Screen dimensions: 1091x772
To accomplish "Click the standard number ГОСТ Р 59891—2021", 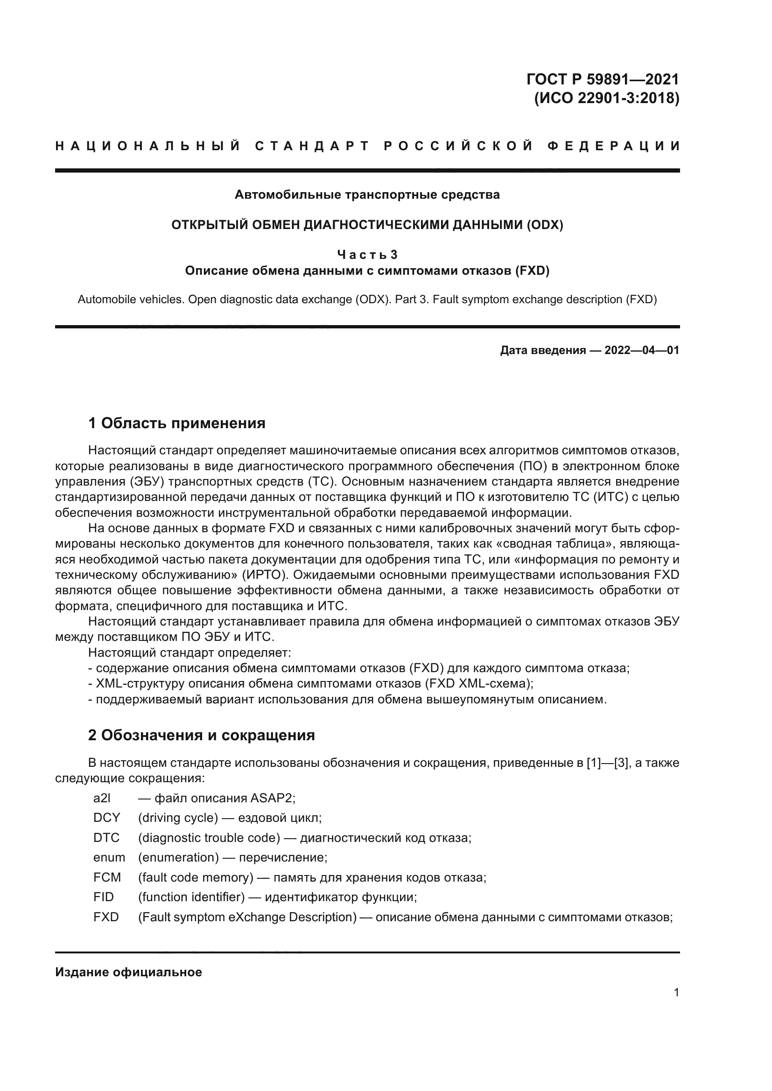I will (x=603, y=79).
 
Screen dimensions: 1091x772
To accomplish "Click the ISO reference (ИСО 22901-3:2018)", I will (x=607, y=98).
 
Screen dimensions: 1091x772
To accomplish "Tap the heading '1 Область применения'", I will (x=177, y=423).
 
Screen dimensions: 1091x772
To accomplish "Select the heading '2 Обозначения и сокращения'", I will (x=202, y=735).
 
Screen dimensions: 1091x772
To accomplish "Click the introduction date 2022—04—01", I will (x=642, y=351).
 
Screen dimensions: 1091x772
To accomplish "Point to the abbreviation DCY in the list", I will (x=106, y=818).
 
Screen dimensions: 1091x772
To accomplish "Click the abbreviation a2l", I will (x=102, y=798).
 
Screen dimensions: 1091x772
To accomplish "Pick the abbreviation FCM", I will (x=107, y=877).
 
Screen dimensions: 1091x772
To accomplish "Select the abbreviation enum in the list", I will (x=109, y=857).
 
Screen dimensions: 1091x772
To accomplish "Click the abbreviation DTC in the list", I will (x=106, y=838).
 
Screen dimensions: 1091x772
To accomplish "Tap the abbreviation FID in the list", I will (x=104, y=897).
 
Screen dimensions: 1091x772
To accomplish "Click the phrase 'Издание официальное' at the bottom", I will (x=128, y=972).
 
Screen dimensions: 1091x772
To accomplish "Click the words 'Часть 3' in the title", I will (x=367, y=255).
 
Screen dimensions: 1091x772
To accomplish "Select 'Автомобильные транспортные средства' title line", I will (x=367, y=195).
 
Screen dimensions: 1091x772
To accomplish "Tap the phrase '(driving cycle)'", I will (x=178, y=818).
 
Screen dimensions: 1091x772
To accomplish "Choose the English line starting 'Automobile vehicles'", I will (x=367, y=300).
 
